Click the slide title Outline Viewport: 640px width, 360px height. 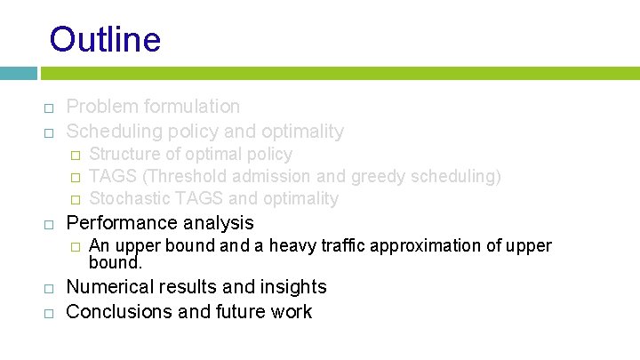pyautogui.click(x=105, y=40)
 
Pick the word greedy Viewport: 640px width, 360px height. pyautogui.click(x=377, y=176)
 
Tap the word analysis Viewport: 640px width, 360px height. pyautogui.click(x=220, y=222)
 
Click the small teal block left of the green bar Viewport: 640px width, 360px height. pyautogui.click(x=18, y=72)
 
